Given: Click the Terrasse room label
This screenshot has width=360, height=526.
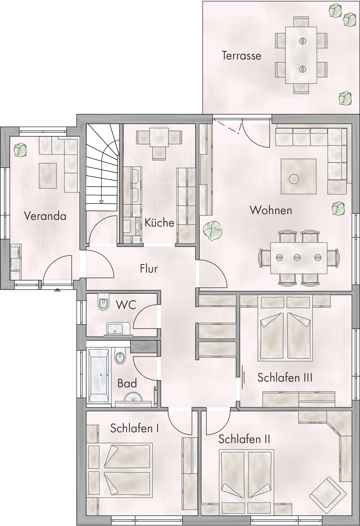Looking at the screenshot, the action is coord(241,56).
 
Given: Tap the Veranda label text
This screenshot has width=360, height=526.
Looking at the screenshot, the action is coord(45,216).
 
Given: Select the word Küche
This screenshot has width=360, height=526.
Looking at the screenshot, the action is coord(159,223).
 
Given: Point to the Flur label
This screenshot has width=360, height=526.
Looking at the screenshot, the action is coord(149,269).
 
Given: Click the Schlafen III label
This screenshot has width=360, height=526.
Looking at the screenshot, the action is coord(285,378).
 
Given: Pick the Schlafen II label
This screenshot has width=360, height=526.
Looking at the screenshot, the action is coord(244,439).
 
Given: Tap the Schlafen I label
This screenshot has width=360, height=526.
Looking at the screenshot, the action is coord(134,428).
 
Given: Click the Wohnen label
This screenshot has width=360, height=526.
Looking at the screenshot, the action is coord(271,210).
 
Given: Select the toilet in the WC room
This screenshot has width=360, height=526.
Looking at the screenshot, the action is coord(103,301).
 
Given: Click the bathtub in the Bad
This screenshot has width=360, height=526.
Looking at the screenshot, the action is coord(99,375).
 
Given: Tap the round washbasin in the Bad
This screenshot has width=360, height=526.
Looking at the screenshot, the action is coord(134,397).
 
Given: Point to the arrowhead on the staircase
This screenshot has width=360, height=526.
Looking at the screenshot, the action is coord(101,202).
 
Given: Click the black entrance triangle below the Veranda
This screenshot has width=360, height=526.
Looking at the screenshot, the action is coord(57,290).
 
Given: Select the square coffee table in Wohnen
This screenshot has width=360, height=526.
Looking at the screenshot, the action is coord(299,176).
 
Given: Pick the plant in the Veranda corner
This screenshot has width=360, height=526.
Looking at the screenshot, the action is coord(20,150).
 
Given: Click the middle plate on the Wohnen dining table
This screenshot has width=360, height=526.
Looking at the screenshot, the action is coord(297,258).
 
